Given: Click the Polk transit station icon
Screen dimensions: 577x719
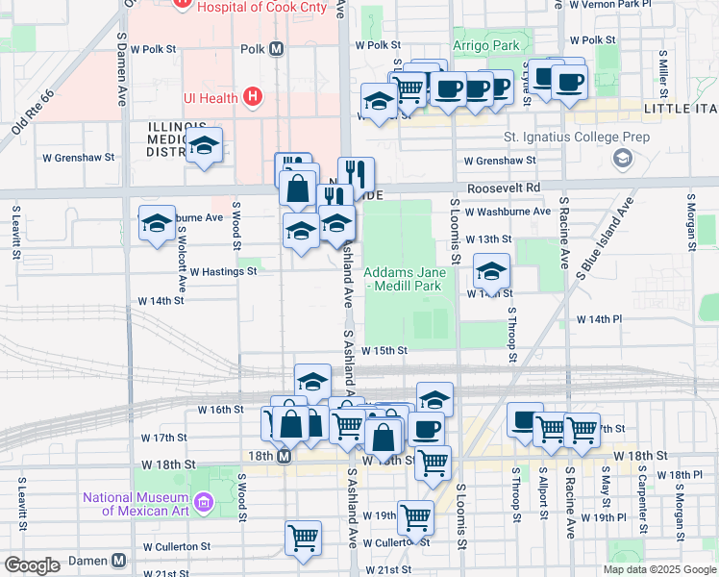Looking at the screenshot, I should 276,48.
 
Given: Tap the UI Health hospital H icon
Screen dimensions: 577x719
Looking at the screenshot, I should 253,96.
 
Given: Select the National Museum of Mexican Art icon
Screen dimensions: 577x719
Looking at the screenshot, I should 203,502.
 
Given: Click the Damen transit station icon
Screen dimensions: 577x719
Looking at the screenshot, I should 118,560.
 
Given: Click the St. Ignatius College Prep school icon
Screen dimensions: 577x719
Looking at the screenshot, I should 622,157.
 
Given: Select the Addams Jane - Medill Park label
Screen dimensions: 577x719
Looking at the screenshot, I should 402,279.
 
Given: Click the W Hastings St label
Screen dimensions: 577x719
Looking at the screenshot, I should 223,272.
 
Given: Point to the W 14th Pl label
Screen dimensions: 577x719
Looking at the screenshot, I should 599,318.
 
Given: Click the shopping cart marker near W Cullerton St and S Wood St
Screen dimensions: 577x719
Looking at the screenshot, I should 304,539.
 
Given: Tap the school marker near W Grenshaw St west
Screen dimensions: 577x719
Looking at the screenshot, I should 203,146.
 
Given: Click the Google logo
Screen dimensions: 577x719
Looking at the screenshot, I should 32,565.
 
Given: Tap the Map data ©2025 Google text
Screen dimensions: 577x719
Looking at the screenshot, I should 658,569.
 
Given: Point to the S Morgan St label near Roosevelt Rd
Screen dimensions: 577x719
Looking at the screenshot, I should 690,222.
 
